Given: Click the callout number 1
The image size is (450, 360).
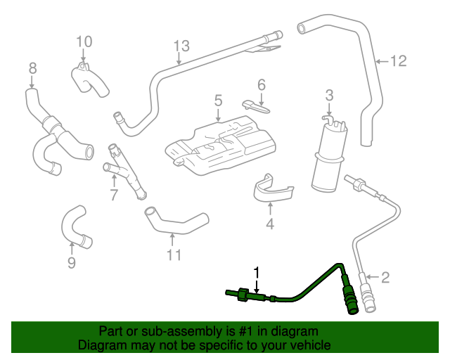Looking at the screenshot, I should (257, 272).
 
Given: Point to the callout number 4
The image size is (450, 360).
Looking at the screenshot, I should (269, 225).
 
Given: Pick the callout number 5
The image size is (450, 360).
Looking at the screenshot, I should (218, 101).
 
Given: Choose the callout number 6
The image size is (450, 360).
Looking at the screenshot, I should (261, 85).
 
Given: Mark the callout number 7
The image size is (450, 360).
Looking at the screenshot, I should (114, 195).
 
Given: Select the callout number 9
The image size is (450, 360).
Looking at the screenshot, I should (71, 264).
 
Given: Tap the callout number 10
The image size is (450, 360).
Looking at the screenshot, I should (84, 41).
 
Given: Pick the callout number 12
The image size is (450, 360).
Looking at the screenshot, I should (398, 62).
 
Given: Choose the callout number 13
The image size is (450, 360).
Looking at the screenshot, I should (181, 46).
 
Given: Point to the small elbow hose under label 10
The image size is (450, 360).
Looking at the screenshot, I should (90, 79).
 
